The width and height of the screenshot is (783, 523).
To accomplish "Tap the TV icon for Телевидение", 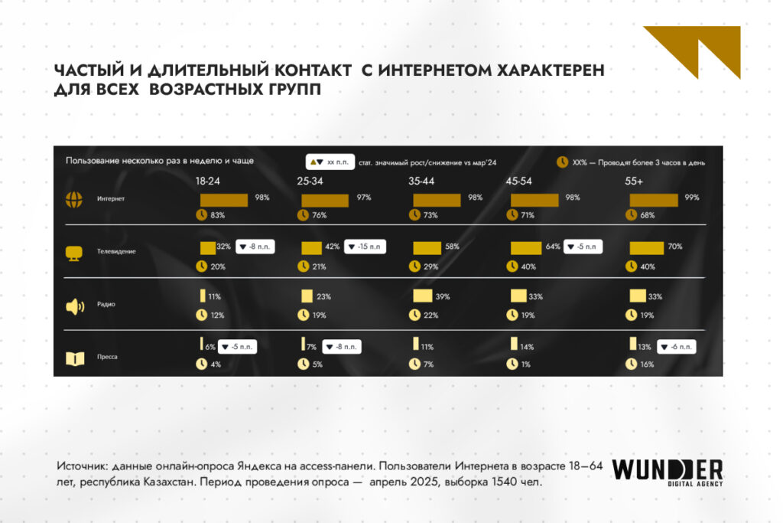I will [x=74, y=252].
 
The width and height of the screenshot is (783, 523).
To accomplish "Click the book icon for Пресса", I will [x=74, y=357].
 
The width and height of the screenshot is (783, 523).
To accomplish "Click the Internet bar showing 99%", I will [x=653, y=200].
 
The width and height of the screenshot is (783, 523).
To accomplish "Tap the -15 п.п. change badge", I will [x=365, y=247].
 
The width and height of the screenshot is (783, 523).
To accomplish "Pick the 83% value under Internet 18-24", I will [x=217, y=215].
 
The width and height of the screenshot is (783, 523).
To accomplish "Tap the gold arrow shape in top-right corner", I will [x=696, y=49].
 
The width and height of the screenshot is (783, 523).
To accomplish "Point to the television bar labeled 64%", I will [x=526, y=248].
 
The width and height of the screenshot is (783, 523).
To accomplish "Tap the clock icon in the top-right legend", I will [x=562, y=162].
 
